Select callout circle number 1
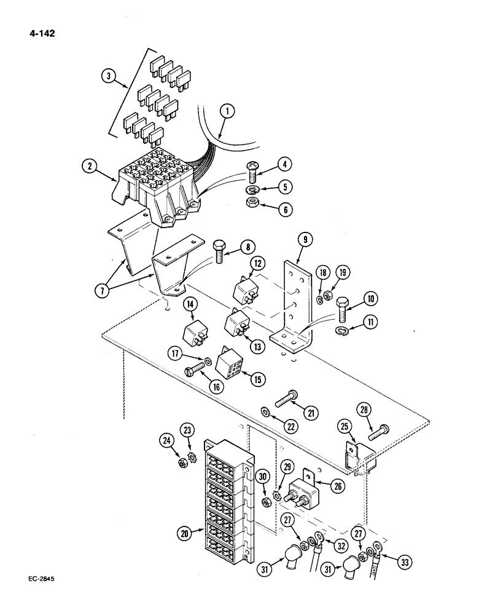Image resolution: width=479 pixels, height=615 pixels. click(227, 111)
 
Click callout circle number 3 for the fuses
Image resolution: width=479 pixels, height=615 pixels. click(108, 77)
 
